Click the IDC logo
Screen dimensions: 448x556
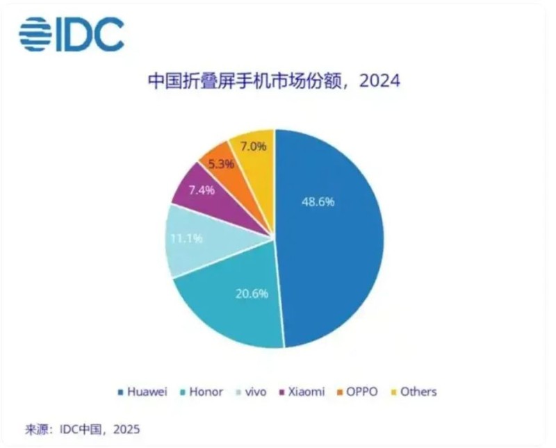[71, 33]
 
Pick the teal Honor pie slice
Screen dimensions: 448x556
[222, 306]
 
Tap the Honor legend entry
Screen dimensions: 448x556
[202, 392]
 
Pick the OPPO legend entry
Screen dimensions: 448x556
[358, 392]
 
